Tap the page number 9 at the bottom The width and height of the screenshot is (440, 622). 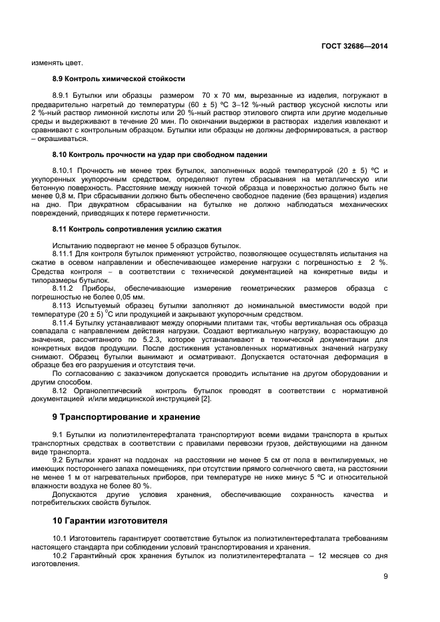(385, 577)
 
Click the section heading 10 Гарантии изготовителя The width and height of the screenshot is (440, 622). (110, 520)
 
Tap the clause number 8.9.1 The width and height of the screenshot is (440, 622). (62, 96)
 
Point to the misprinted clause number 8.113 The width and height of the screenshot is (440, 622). (62, 305)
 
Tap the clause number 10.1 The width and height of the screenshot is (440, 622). (60, 538)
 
